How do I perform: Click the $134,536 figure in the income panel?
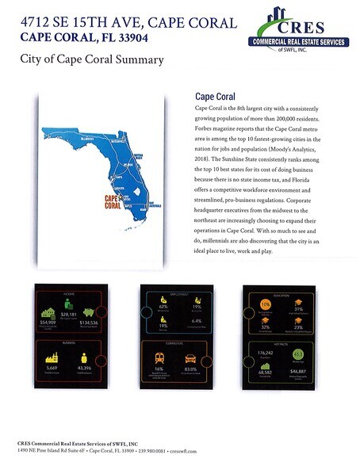[x=85, y=323]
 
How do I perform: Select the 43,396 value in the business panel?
[x=83, y=367]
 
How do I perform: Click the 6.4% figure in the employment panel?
[x=197, y=321]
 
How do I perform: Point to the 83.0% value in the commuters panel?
[x=190, y=368]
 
